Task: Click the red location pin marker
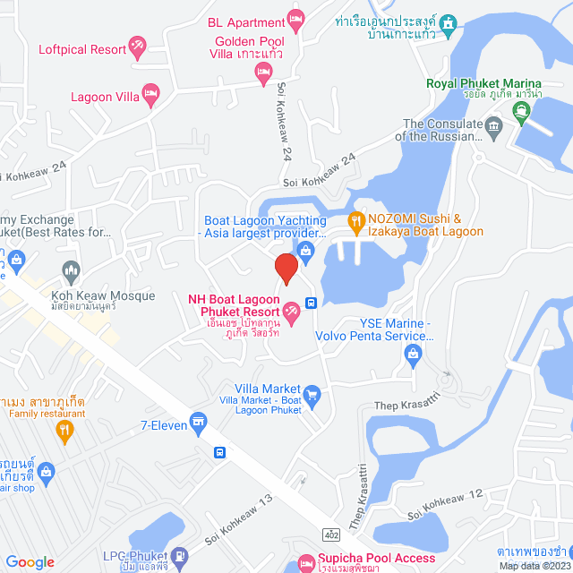pos(285,268)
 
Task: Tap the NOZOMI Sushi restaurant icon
pos(355,219)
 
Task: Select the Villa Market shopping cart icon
pos(312,393)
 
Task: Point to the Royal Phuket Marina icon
pos(520,111)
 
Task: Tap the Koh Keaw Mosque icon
pos(72,269)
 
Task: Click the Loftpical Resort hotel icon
pos(137,44)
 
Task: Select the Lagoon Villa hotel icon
pos(151,91)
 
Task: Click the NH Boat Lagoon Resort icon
pos(291,311)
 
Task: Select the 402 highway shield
pos(333,535)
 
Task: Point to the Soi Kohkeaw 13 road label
pos(238,525)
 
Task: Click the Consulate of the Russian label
pos(443,131)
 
